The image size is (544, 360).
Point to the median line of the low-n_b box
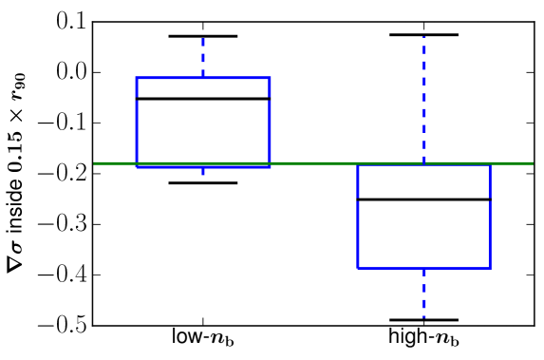[x=203, y=99]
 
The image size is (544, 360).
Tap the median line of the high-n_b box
[x=423, y=199]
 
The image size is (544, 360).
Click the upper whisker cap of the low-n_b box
[x=203, y=36]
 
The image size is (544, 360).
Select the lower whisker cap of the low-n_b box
[x=203, y=182]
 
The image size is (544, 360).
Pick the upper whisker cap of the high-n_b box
[x=423, y=34]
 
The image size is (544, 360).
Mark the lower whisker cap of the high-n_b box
[x=423, y=320]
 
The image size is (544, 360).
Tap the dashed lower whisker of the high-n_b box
[x=423, y=294]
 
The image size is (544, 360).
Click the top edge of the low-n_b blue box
[x=203, y=77]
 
